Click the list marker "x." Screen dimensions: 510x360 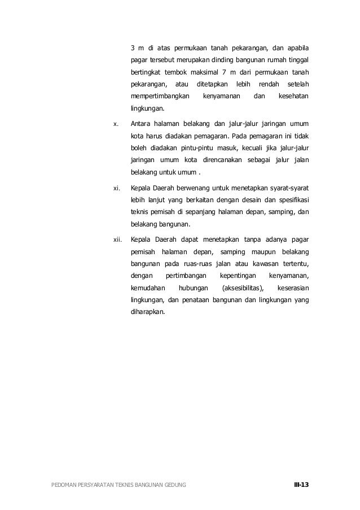pos(116,123)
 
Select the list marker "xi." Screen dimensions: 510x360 pos(116,186)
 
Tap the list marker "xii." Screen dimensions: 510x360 pos(117,239)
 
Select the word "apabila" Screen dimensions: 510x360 pos(297,47)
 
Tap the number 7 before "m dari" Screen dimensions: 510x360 pos(239,72)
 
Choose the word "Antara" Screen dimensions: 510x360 pos(140,123)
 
